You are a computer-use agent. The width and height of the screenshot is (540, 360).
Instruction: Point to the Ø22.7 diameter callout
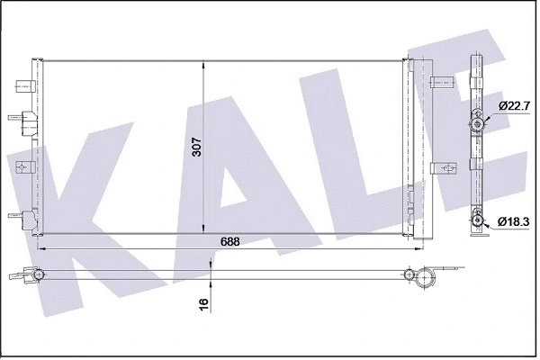pos(512,106)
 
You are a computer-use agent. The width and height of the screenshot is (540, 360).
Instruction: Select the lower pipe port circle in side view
pos(478,217)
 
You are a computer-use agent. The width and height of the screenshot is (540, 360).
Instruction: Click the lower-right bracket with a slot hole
pos(442,167)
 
